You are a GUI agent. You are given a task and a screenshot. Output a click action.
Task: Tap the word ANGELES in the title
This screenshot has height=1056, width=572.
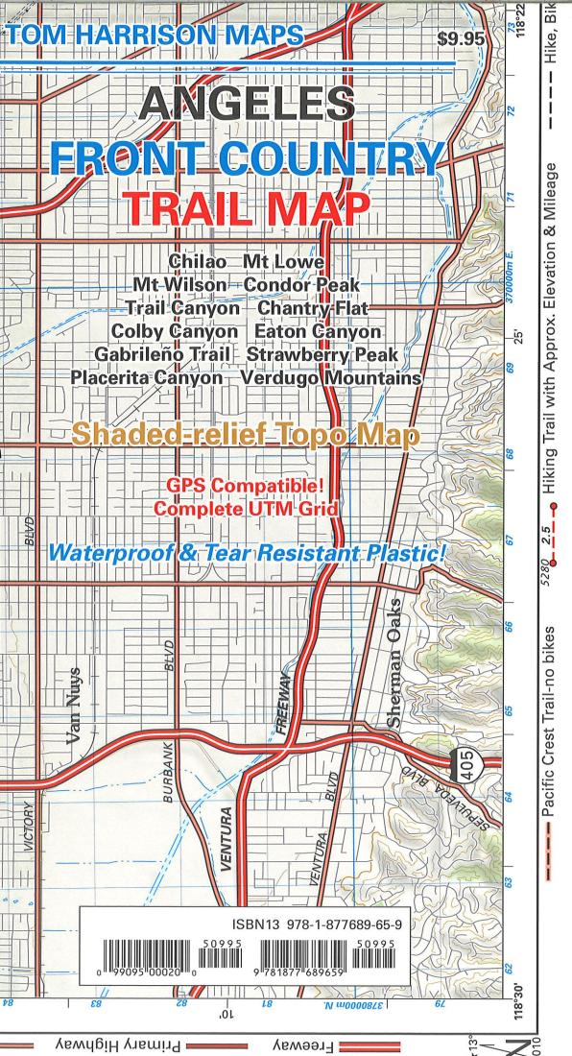[245, 106]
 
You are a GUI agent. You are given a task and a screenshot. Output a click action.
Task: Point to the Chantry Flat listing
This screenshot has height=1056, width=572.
[313, 308]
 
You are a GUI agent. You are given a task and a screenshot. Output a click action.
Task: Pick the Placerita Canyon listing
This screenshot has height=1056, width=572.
[147, 378]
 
